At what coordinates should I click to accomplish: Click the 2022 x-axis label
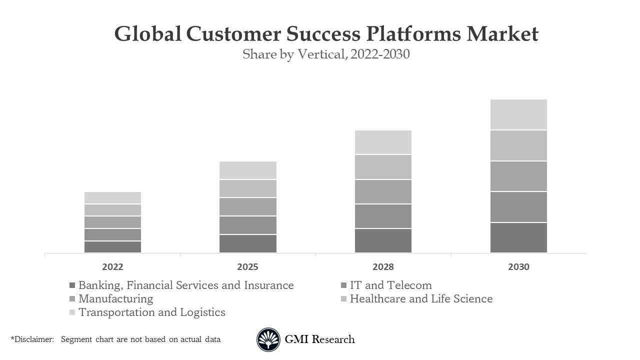tap(112, 267)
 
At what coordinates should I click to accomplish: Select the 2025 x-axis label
tap(247, 267)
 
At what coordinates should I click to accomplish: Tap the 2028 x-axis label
tap(383, 267)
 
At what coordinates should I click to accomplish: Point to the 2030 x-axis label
tap(518, 267)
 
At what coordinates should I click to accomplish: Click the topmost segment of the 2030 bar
tap(518, 114)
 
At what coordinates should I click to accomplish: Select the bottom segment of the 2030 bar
tap(518, 237)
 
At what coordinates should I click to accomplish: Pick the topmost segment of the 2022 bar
tap(112, 197)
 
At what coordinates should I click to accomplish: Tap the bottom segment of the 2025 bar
tap(247, 243)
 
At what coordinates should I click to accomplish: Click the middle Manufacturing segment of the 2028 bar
tap(383, 191)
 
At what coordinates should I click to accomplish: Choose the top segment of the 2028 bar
tap(383, 142)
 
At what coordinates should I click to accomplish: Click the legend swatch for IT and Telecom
tap(343, 285)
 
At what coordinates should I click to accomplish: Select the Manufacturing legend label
tap(115, 299)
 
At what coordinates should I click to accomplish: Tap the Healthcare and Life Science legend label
tap(421, 299)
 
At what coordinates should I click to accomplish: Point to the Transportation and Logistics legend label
tap(151, 312)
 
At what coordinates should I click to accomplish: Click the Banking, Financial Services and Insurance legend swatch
tap(72, 285)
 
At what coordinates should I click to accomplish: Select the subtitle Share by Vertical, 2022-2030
tap(326, 54)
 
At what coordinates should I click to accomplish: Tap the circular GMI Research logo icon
tap(268, 339)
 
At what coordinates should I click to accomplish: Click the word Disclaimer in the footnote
tap(33, 339)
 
